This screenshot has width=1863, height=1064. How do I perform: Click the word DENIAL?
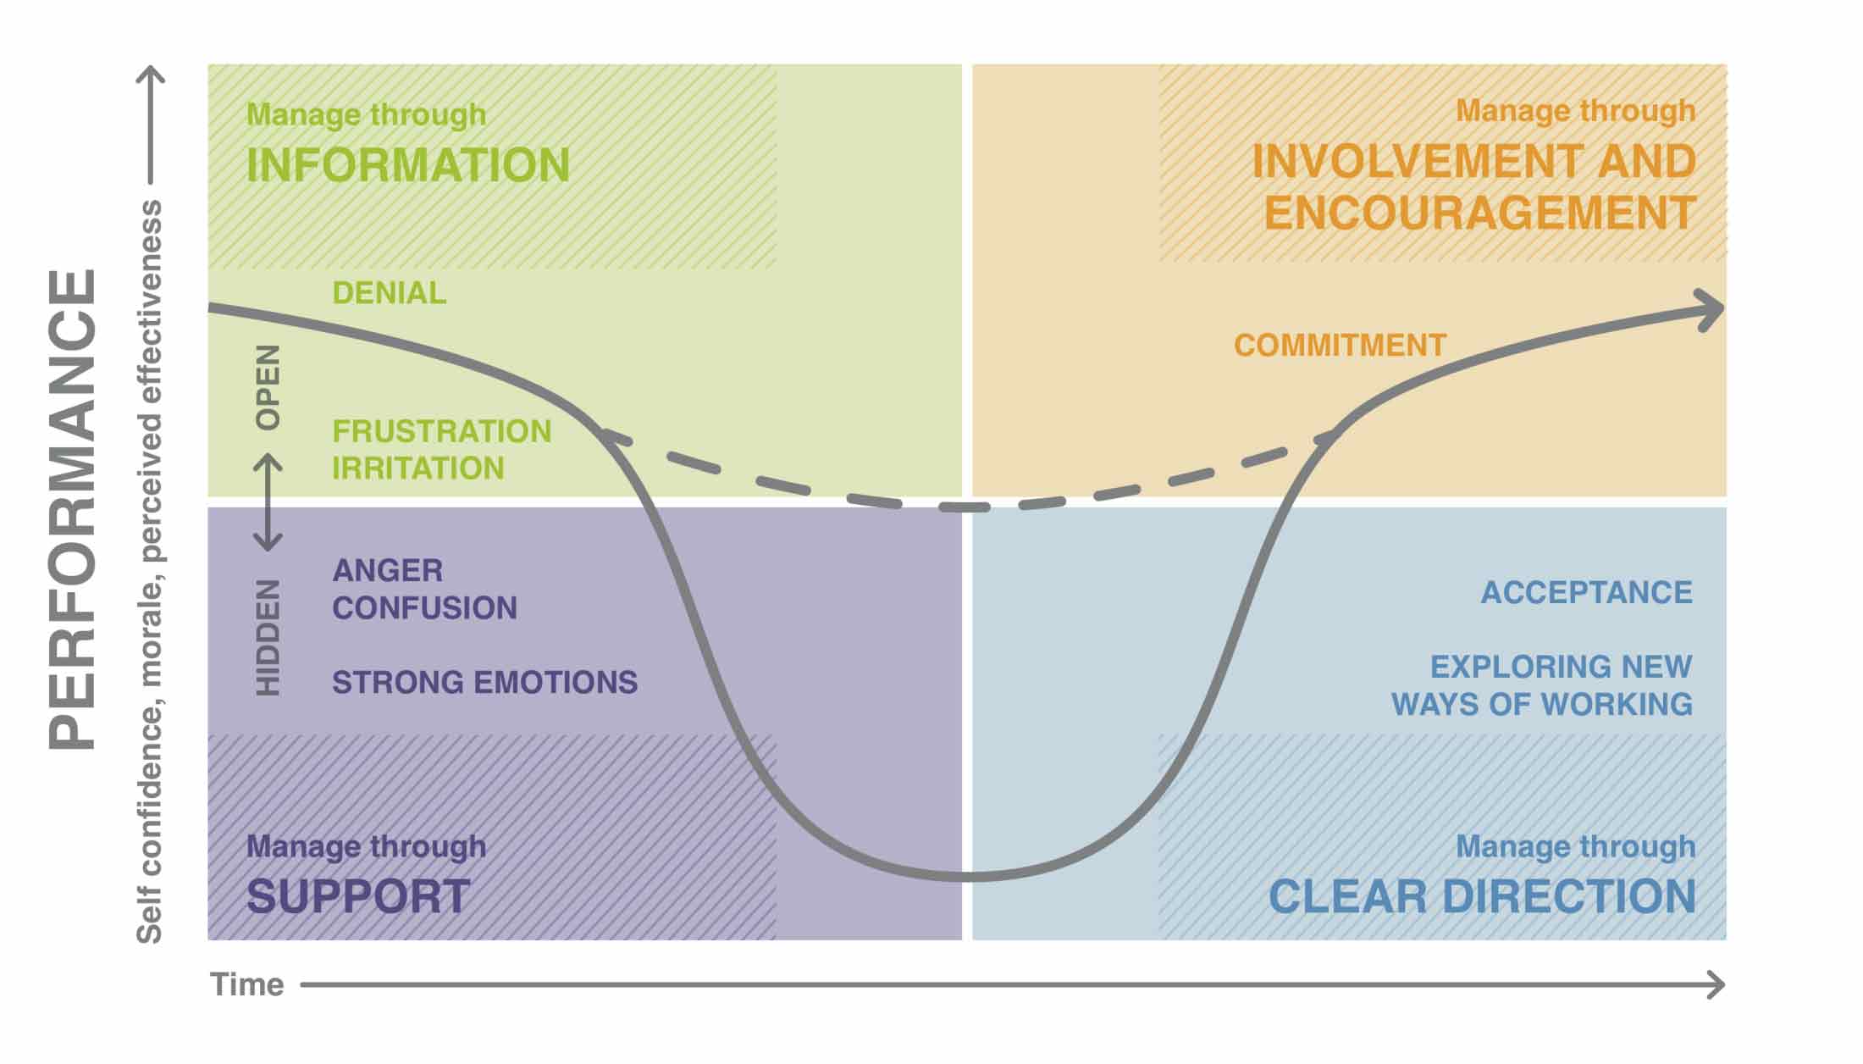pos(389,293)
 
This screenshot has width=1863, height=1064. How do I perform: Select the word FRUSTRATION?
pos(441,431)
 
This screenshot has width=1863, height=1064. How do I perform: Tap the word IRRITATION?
pos(417,468)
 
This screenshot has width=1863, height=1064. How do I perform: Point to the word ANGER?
pos(387,570)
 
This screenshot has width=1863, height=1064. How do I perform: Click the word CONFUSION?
pos(424,608)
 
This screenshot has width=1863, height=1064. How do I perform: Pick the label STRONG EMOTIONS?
pos(484,683)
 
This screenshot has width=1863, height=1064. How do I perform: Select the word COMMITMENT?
pos(1340,346)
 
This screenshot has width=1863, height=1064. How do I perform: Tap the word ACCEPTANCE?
pos(1586,593)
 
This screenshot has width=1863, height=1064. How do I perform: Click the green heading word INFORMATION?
pos(407,165)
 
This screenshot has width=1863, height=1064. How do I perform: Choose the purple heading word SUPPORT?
pos(358,896)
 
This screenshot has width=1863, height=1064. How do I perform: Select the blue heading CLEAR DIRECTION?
pos(1482,896)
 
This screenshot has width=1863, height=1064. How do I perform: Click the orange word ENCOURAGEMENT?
pos(1479,213)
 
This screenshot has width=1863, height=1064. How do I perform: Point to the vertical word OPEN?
pos(268,387)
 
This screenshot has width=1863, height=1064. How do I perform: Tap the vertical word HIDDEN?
pos(268,638)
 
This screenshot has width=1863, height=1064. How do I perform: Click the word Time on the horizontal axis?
pos(246,985)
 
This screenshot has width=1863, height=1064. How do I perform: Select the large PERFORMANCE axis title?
pos(73,508)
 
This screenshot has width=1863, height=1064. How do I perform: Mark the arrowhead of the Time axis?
pos(1717,985)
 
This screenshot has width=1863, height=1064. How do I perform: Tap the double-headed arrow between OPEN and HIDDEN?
pos(268,502)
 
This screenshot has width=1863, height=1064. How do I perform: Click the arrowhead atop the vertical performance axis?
pos(151,75)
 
